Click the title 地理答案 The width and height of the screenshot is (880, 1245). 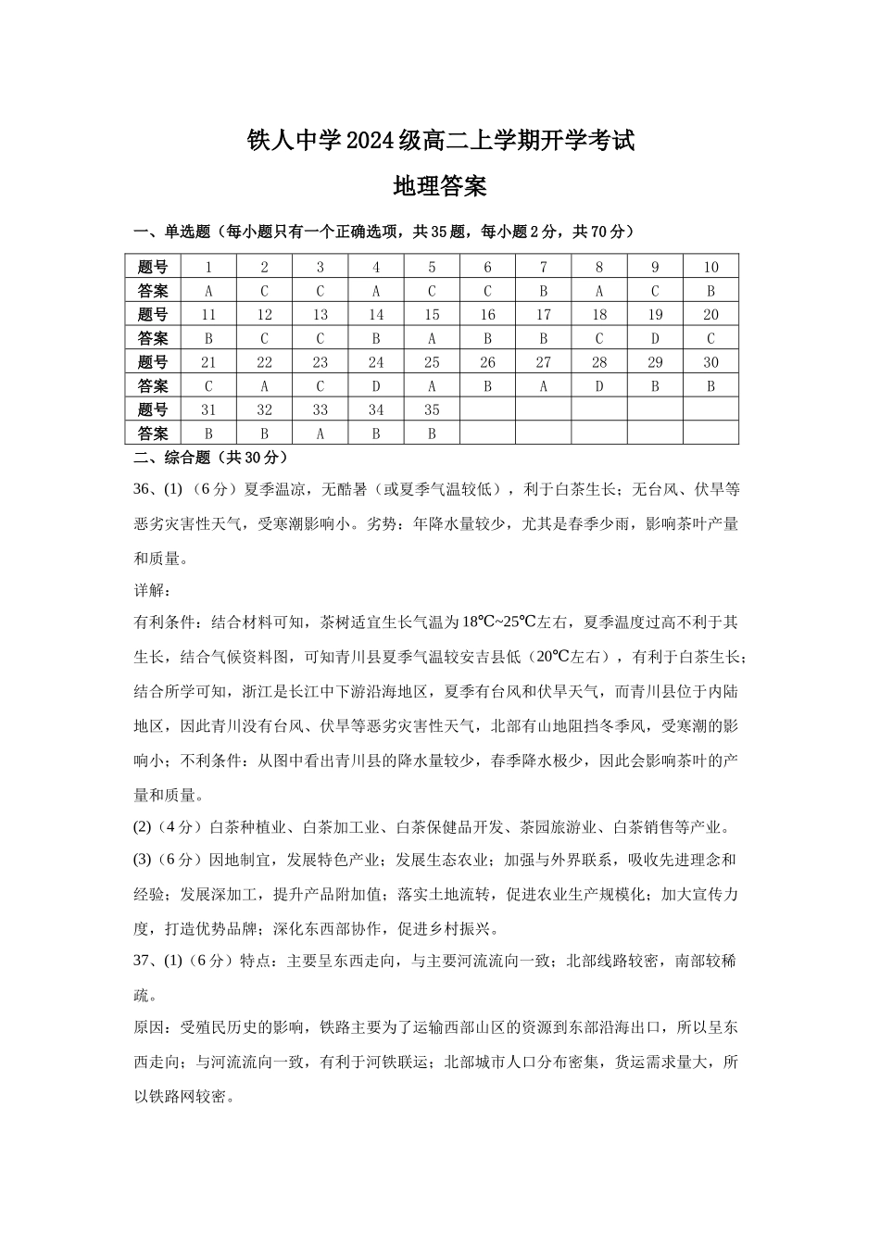click(440, 186)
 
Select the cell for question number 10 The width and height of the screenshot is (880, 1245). click(710, 267)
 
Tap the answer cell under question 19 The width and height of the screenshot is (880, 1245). click(655, 338)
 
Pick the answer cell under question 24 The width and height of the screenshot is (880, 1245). click(376, 386)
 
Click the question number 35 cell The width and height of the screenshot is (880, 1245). click(432, 409)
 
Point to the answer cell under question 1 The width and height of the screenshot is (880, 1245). click(208, 291)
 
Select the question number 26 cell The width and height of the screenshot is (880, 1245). click(487, 362)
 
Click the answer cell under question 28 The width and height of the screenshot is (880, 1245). click(599, 386)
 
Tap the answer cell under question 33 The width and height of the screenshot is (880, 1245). click(320, 434)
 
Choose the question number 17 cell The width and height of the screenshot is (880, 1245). click(543, 315)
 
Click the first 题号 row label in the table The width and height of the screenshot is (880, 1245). click(153, 267)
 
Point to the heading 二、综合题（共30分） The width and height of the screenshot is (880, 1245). click(211, 457)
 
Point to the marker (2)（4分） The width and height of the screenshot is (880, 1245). click(170, 827)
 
